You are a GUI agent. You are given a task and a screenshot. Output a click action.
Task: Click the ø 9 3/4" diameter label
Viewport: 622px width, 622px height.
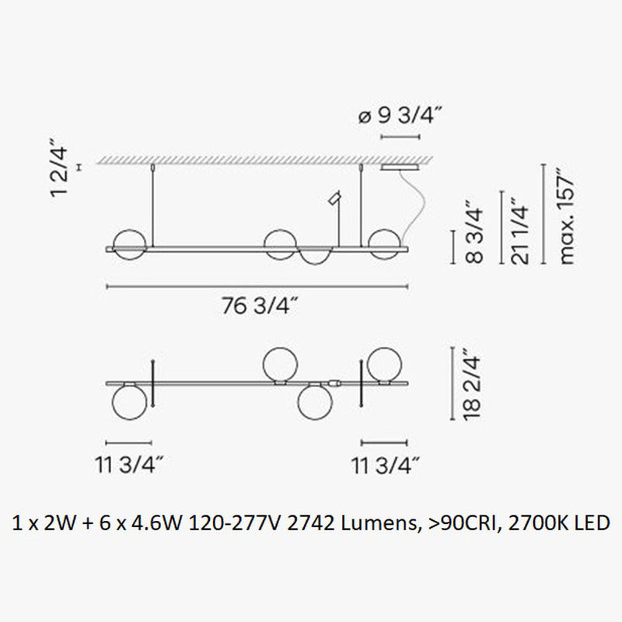[x=400, y=117]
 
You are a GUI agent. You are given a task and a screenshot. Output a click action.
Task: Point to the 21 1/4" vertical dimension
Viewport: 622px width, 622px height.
[x=519, y=232]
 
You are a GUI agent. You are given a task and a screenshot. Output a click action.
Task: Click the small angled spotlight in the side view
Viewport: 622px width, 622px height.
[x=334, y=198]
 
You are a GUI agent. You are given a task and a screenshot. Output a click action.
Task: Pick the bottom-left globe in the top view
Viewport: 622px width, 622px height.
[x=129, y=404]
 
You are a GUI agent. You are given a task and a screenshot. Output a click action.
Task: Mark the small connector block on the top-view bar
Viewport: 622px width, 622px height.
[x=335, y=383]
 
